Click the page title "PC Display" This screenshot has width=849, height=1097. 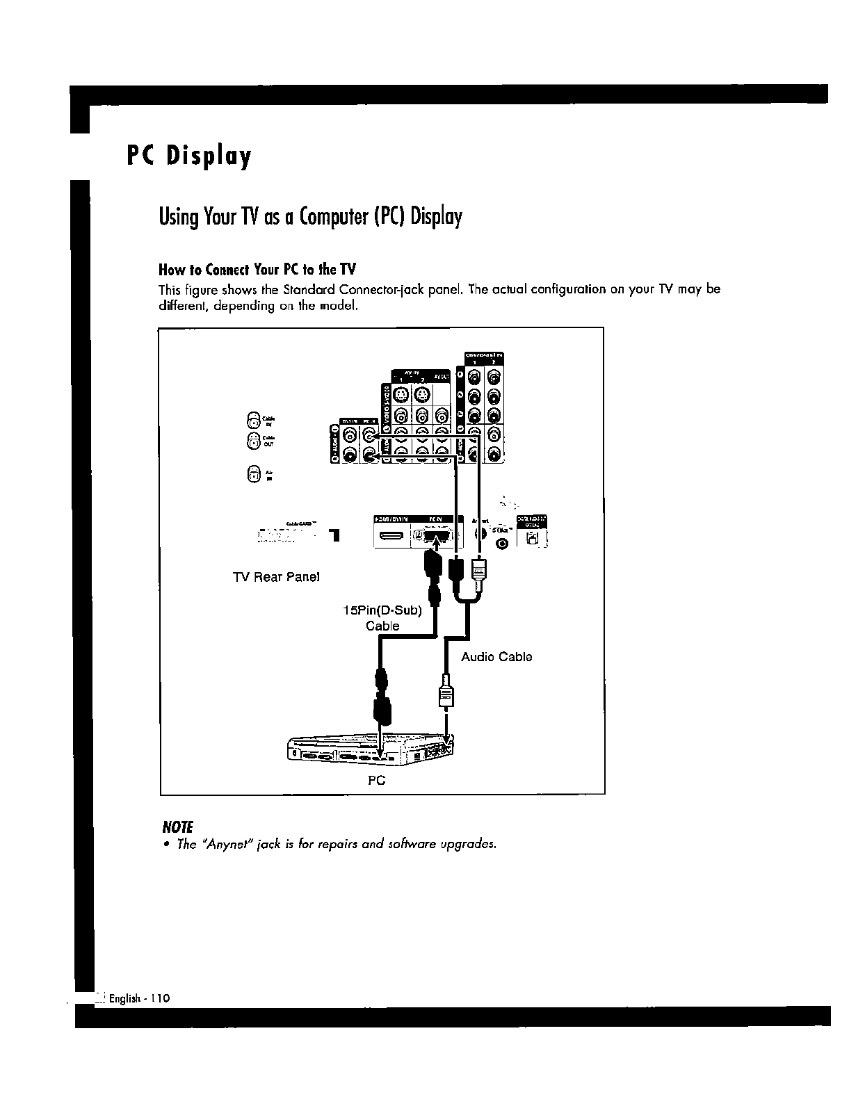(188, 156)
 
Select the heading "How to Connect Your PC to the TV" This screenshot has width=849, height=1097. (257, 269)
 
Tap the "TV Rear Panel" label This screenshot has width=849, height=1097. (276, 577)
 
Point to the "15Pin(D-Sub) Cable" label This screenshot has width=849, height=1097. (383, 618)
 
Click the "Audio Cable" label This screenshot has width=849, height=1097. (496, 657)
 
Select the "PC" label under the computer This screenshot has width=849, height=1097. (376, 781)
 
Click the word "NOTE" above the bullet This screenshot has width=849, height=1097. (177, 827)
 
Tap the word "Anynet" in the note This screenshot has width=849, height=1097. (219, 844)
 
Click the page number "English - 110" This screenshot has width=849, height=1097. (139, 998)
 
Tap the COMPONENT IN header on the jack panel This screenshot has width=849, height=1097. (484, 357)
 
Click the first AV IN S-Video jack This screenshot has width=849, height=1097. (401, 396)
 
